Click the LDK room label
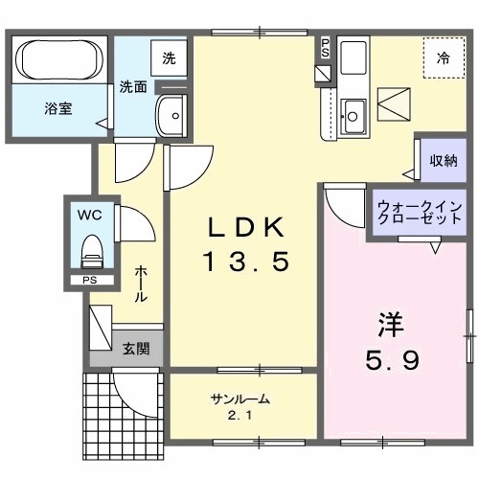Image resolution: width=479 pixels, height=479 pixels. click(245, 227)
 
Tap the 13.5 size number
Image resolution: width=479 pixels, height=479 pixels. click(245, 261)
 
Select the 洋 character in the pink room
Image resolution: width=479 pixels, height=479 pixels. click(387, 326)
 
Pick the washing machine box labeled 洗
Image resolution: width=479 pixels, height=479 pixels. click(170, 57)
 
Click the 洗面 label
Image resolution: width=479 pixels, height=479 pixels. click(132, 86)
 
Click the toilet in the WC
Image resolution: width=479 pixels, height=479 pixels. click(92, 252)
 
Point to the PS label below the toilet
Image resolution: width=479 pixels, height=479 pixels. click(89, 281)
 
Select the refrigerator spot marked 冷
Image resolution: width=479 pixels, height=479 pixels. click(443, 57)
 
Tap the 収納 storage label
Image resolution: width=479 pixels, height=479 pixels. click(442, 160)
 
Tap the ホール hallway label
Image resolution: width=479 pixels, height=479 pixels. click(141, 285)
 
